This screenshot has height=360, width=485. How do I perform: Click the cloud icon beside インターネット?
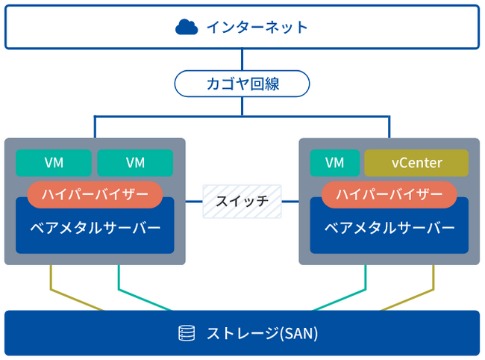tap(187, 28)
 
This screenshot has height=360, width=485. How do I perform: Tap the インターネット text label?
tap(257, 28)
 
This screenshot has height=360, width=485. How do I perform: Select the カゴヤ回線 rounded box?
tap(242, 83)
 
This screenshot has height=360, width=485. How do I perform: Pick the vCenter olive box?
tap(416, 163)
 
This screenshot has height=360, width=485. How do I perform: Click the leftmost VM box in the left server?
tap(54, 163)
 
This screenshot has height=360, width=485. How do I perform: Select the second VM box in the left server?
tap(135, 163)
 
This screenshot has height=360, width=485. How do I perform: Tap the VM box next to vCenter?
tap(335, 163)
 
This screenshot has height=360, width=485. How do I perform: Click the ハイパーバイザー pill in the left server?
tap(95, 194)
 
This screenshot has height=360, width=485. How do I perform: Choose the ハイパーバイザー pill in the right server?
tap(389, 194)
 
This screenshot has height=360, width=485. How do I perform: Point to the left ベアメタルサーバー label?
tap(95, 227)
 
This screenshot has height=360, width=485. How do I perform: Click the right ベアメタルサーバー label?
tap(389, 227)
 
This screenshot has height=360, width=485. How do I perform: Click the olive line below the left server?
tap(50, 280)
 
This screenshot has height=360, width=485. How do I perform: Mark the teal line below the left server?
tap(118, 280)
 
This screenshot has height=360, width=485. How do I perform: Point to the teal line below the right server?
tap(366, 280)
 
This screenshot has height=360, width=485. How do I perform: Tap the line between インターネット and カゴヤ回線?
tap(242, 59)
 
